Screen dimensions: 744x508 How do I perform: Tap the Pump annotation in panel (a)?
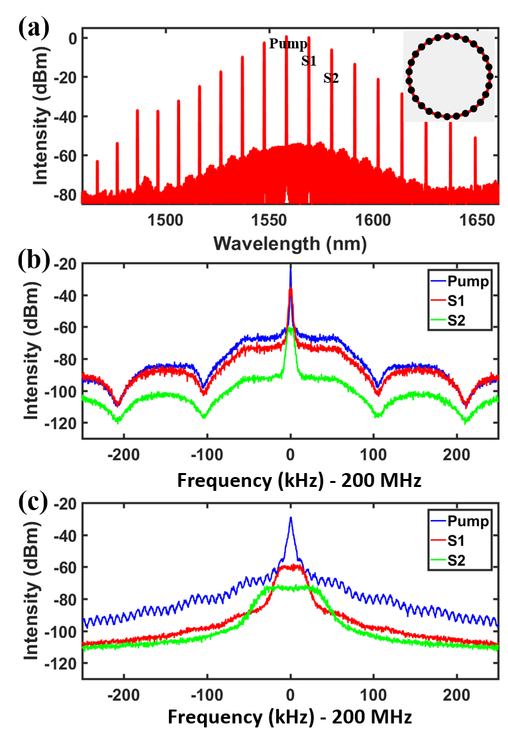click(288, 44)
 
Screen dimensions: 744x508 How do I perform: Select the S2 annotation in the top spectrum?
click(331, 79)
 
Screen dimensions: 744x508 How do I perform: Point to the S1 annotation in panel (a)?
click(309, 62)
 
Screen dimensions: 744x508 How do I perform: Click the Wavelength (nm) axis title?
click(289, 243)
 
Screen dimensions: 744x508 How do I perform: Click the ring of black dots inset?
click(450, 76)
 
